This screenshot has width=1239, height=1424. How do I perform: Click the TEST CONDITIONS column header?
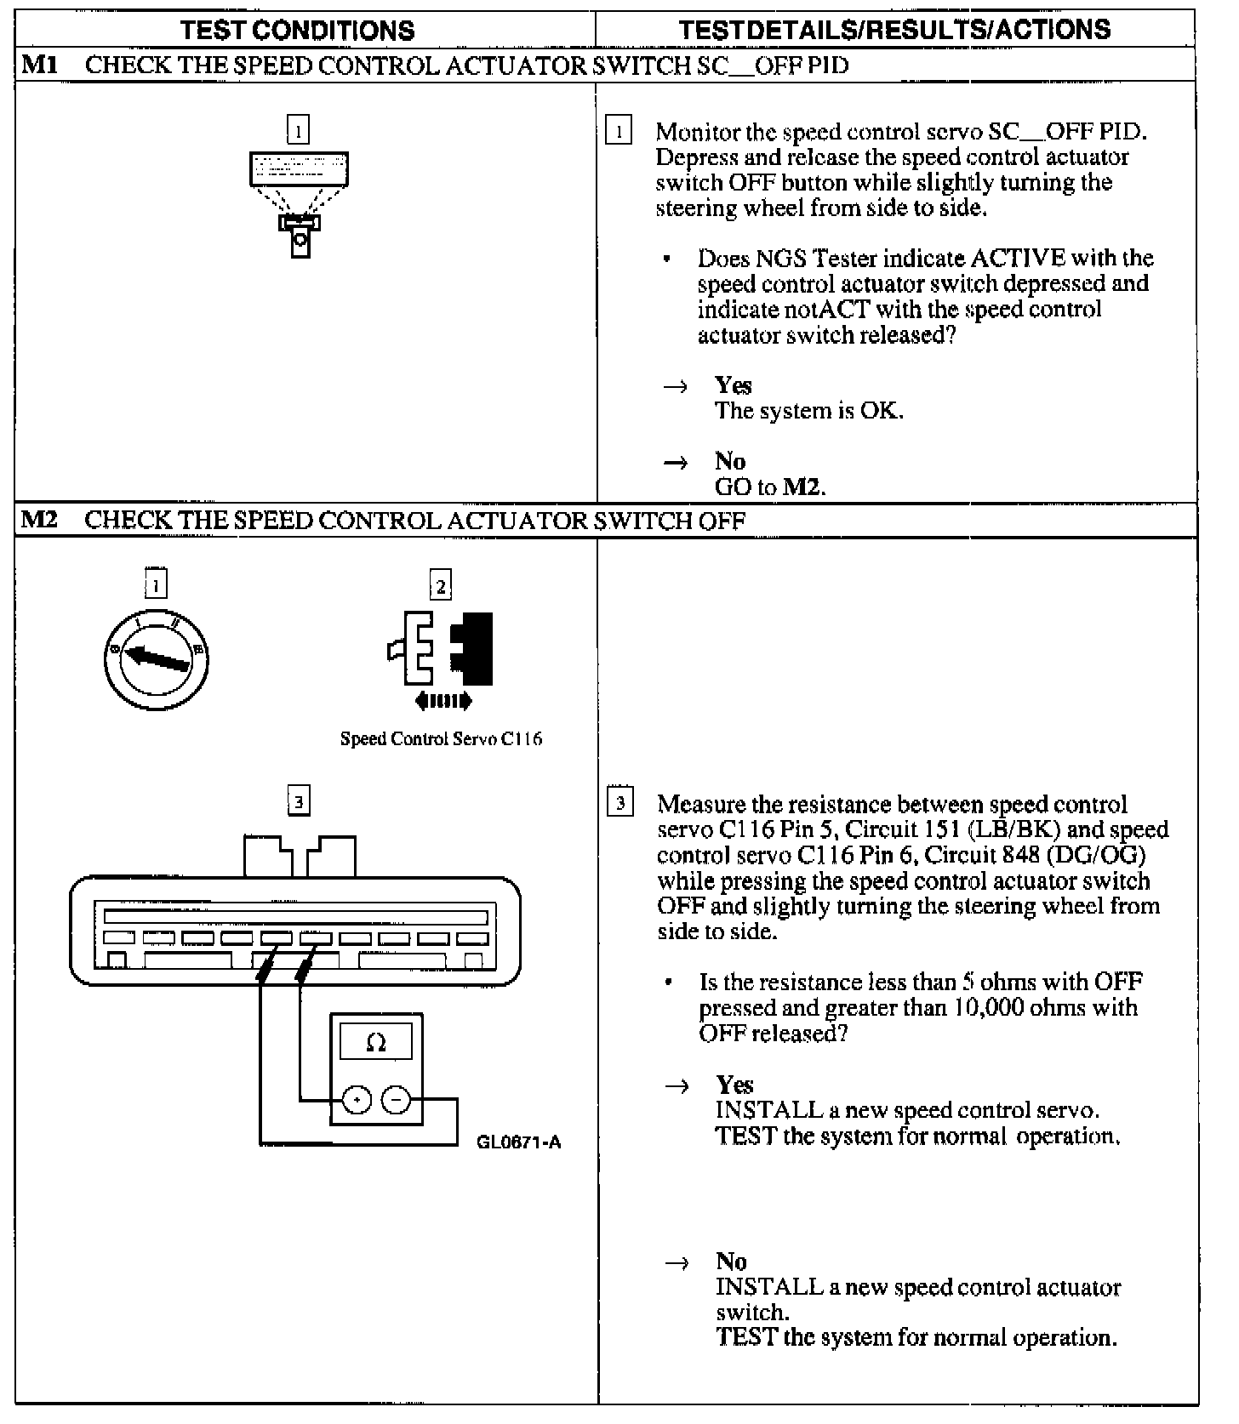pos(297,31)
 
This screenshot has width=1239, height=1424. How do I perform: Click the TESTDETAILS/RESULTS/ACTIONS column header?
pos(894,30)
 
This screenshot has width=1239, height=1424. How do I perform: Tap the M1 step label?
pos(40,65)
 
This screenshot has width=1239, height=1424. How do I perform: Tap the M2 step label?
pos(39,519)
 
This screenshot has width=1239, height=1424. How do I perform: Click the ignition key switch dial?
pos(156,659)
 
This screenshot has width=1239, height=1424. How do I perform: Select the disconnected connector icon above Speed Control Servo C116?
pos(441,648)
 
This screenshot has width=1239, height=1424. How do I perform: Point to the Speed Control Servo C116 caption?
pos(441,738)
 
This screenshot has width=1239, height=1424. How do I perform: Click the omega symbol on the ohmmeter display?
pos(375,1042)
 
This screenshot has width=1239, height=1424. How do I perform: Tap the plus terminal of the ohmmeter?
pos(357,1101)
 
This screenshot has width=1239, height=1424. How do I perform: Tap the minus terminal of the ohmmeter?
pos(395,1101)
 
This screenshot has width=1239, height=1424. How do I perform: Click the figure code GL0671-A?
pos(518,1142)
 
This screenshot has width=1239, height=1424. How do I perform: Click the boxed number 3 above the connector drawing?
pos(298,801)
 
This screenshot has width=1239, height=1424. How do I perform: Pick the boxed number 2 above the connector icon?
pos(440,585)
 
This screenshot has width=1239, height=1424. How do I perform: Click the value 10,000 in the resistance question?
pos(988,1008)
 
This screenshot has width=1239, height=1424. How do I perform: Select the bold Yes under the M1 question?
pos(733,385)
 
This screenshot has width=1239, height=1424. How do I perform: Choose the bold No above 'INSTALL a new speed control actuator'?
pos(731,1262)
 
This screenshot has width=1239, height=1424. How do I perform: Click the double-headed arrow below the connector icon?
pos(442,702)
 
